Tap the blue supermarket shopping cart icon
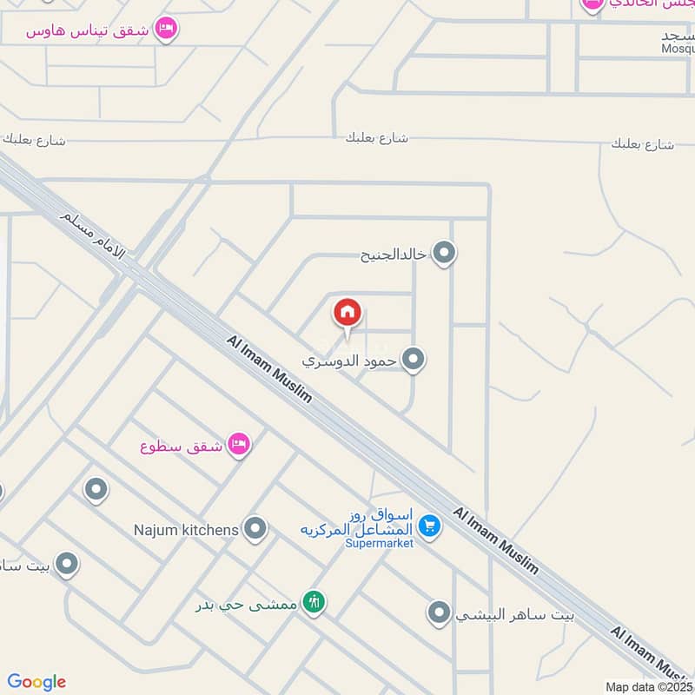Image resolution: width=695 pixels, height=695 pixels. [x=428, y=525]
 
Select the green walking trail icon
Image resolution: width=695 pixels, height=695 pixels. [x=314, y=602]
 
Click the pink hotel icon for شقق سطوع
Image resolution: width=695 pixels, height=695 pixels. [x=238, y=446]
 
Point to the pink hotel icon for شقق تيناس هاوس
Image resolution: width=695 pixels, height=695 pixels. [x=165, y=30]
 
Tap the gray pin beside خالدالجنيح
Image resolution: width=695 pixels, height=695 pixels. [x=445, y=254]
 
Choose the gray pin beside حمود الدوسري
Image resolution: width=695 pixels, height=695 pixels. [x=414, y=359]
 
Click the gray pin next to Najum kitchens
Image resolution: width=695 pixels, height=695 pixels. [x=255, y=528]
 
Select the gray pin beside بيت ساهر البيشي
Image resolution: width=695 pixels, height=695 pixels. [x=440, y=614]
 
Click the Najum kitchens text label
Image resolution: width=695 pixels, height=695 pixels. [x=186, y=528]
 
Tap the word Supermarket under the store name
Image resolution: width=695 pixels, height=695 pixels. [x=379, y=543]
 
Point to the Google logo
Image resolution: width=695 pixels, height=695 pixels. [x=36, y=682]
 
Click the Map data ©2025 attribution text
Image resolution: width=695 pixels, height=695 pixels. [x=650, y=686]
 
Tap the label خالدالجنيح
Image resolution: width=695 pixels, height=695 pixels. [x=394, y=255]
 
